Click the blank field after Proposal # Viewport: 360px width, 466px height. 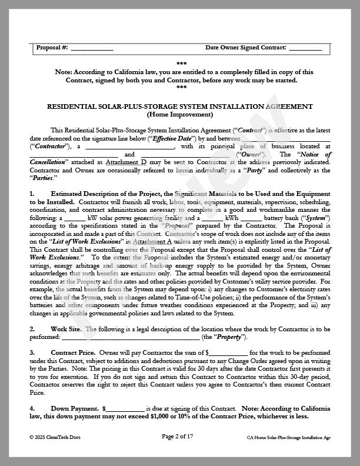click(92, 48)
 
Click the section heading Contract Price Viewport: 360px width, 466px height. click(74, 352)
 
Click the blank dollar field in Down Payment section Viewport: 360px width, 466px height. click(125, 408)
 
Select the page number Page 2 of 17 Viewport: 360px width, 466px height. click(181, 437)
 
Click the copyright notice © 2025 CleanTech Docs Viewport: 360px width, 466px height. click(55, 437)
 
